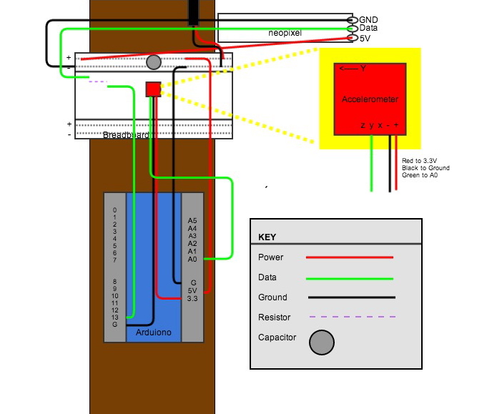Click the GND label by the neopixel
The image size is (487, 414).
(x=368, y=19)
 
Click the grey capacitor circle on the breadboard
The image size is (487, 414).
(x=153, y=62)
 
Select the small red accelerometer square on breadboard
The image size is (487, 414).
(x=153, y=89)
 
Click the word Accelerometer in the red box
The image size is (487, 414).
(x=370, y=99)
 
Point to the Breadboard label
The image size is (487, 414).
(x=126, y=135)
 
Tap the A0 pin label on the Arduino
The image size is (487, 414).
(x=192, y=260)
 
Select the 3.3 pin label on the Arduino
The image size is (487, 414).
(x=192, y=298)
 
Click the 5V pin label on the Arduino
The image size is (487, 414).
(x=192, y=290)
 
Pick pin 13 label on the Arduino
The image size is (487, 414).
(x=114, y=317)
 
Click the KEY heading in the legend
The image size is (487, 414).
(x=267, y=237)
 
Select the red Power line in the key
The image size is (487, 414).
(x=350, y=257)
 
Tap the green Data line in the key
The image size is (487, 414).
(x=350, y=277)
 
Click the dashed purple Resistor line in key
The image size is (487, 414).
(x=353, y=317)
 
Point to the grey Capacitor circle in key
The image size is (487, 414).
(x=321, y=342)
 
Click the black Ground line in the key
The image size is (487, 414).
(x=351, y=297)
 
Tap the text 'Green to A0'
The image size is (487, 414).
(x=419, y=175)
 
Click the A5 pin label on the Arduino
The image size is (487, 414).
(x=192, y=221)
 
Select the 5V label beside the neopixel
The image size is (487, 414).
(x=365, y=38)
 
